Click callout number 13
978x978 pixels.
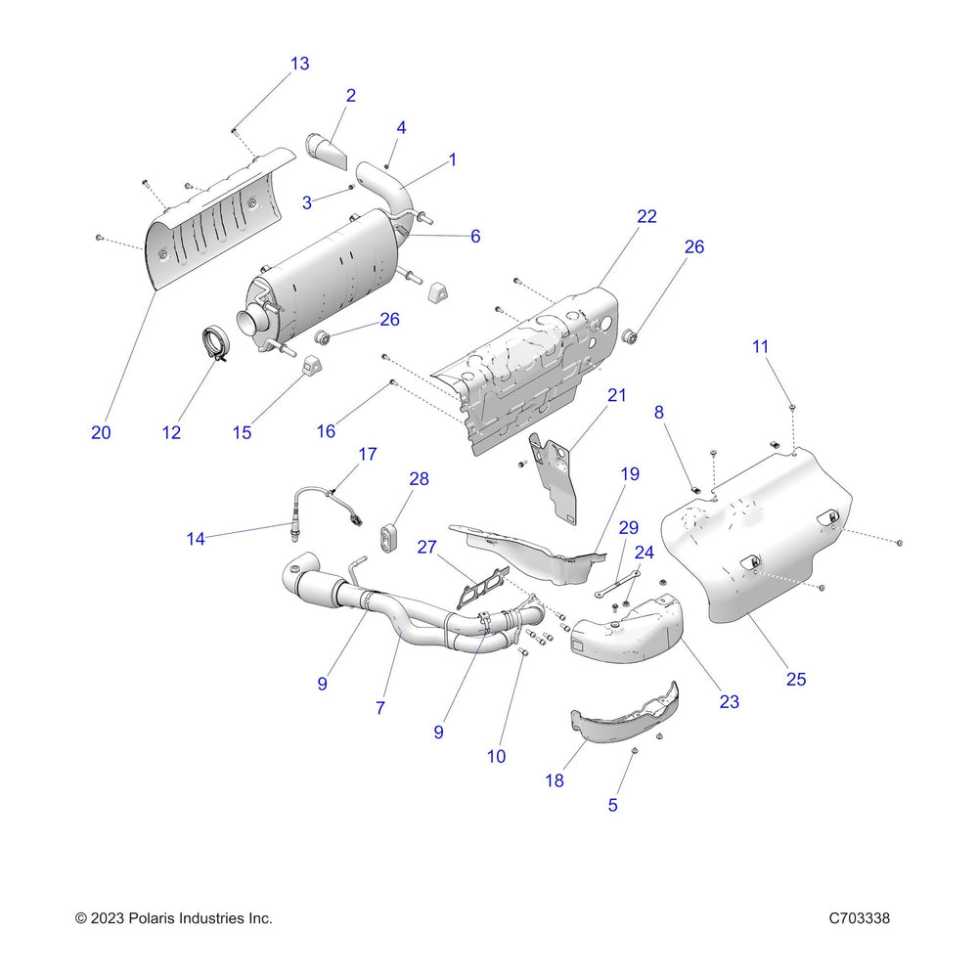(299, 64)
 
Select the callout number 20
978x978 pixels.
(101, 432)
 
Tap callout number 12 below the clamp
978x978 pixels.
(172, 432)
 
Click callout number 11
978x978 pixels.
(760, 345)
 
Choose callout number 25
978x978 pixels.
(796, 679)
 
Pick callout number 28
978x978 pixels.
(419, 479)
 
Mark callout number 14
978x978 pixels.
(197, 537)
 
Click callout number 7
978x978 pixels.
(380, 708)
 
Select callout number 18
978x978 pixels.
(555, 779)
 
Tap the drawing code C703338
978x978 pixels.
(859, 918)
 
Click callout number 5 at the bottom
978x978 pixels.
(613, 806)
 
